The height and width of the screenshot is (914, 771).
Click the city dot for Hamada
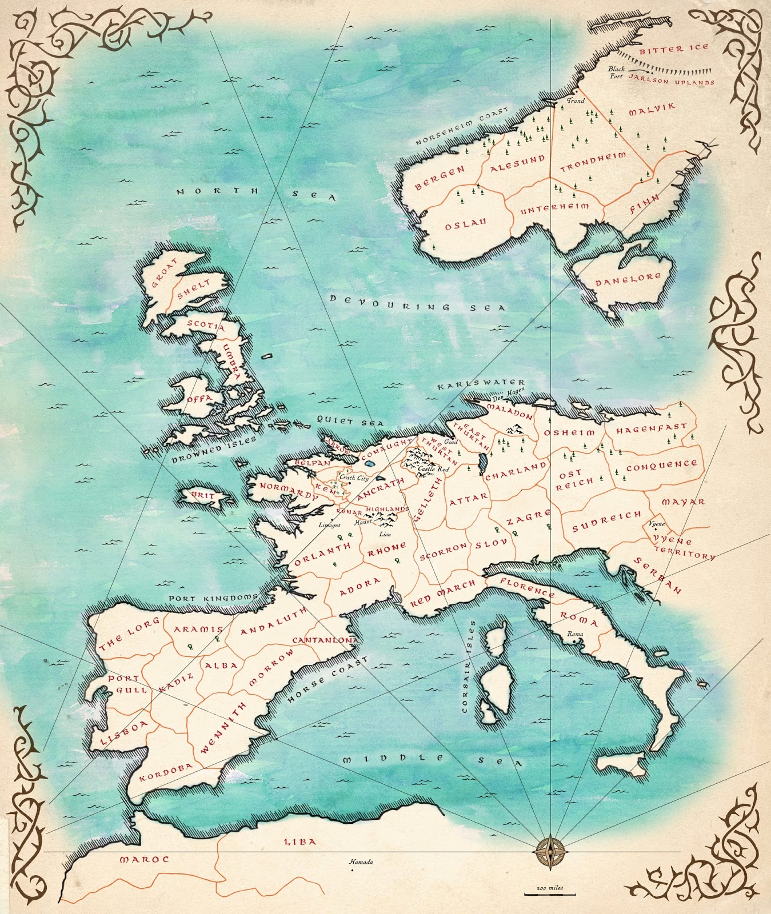352,870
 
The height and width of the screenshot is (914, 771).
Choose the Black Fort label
616,73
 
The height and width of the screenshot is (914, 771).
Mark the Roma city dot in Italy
574,642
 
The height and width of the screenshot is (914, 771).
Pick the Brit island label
202,495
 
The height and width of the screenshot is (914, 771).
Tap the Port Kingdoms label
214,598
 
